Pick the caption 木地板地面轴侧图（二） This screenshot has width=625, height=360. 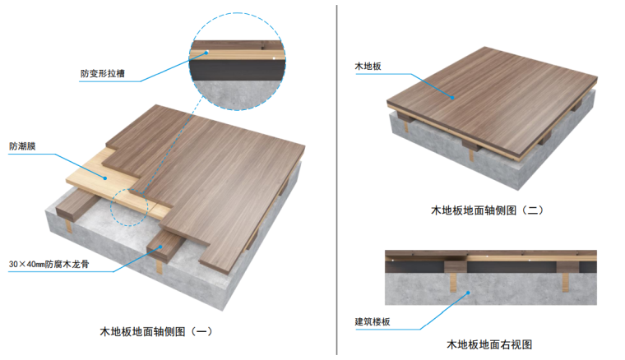[488, 210]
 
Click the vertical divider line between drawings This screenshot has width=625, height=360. [337, 180]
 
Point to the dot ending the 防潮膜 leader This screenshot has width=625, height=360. [105, 177]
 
